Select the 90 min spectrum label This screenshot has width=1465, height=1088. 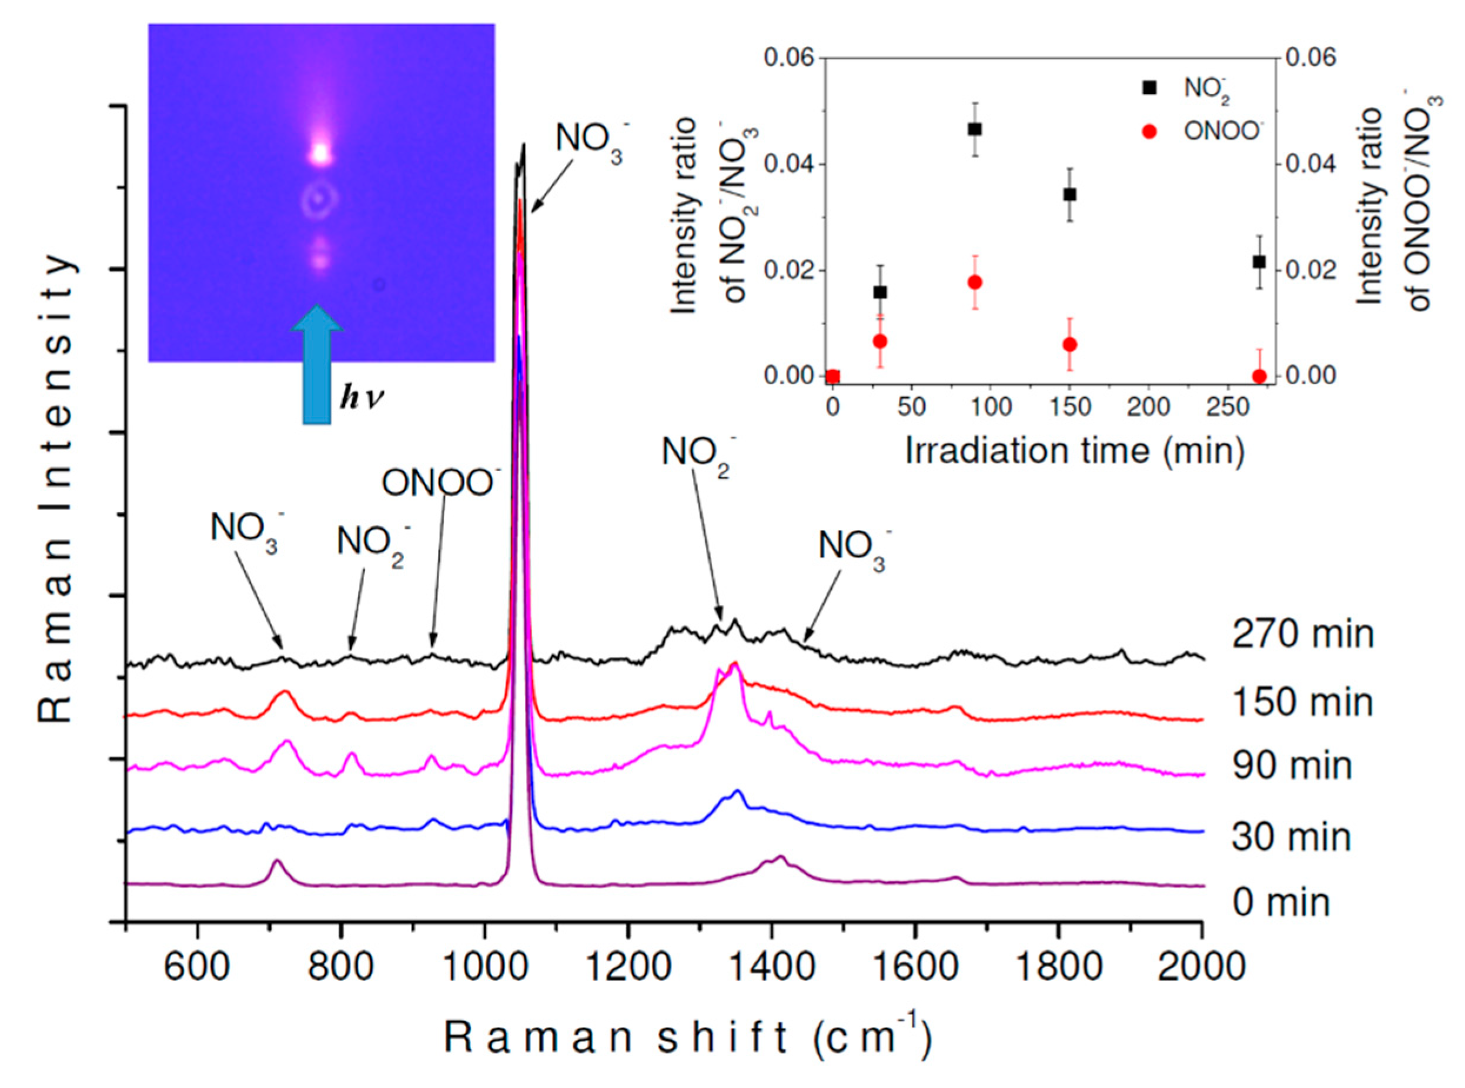[1292, 766]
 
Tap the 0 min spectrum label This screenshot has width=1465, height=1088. [1280, 902]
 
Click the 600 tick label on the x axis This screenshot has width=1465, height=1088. [196, 967]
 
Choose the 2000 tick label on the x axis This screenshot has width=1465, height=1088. [1202, 967]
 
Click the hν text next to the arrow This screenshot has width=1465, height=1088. [361, 399]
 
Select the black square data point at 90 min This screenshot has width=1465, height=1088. [975, 129]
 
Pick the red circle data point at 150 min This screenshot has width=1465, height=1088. [1069, 345]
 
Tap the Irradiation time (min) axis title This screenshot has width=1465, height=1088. [1075, 451]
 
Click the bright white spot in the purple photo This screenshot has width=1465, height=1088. [320, 153]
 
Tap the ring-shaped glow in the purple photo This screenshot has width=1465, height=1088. [319, 199]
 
